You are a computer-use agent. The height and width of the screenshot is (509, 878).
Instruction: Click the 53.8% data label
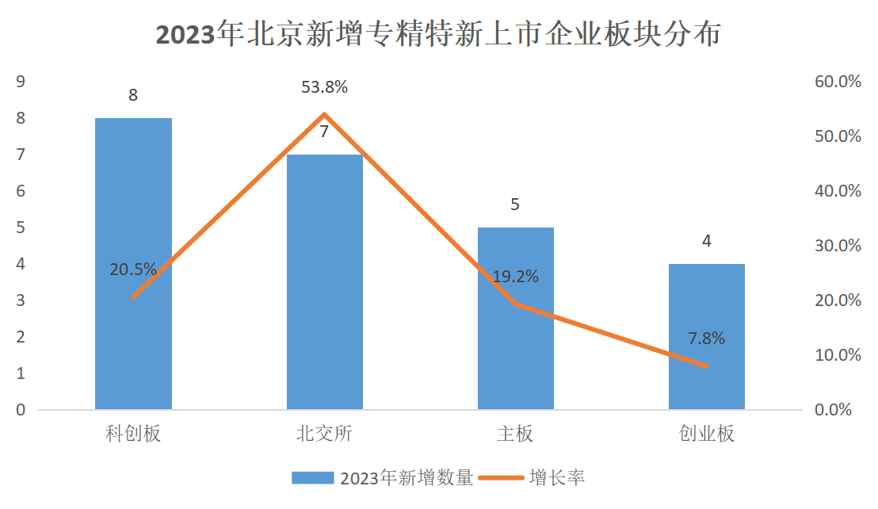click(324, 87)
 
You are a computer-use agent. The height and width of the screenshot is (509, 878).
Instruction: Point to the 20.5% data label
click(133, 270)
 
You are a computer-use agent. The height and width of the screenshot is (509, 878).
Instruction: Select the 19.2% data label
click(515, 277)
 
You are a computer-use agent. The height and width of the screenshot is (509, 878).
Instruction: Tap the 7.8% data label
click(706, 338)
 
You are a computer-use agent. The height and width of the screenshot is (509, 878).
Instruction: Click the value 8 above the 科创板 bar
click(133, 95)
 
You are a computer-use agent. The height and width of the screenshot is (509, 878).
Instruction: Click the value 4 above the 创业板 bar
click(706, 241)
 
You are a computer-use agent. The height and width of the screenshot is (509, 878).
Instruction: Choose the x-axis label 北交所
click(324, 434)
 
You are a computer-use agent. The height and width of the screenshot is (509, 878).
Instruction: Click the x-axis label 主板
click(515, 434)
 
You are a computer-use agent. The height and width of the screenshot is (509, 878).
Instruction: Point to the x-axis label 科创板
click(133, 434)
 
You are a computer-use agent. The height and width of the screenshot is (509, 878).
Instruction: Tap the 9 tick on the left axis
click(21, 82)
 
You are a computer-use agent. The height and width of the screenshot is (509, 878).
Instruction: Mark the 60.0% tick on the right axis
click(838, 82)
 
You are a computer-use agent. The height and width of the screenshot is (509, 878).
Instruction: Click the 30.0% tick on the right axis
click(838, 246)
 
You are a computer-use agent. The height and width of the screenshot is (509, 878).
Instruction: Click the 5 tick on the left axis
click(21, 228)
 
